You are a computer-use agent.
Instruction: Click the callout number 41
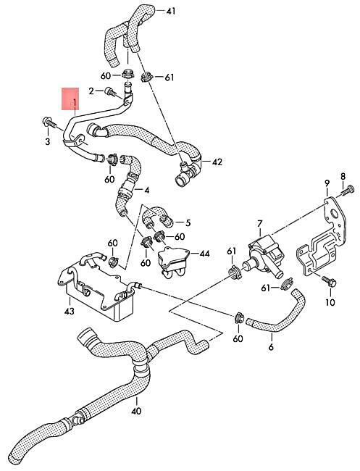pos(170,12)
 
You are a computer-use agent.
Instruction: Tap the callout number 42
pos(217,162)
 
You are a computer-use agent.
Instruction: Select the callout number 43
pos(69,311)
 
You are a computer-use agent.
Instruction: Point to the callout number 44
pos(204,254)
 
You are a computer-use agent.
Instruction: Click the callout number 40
pos(136,411)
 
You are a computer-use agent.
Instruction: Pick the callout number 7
pos(260,224)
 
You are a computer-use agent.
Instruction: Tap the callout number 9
pos(327,183)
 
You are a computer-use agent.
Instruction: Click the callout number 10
pos(330,302)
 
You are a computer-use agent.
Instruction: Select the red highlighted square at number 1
pos(70,99)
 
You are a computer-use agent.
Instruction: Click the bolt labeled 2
pos(110,92)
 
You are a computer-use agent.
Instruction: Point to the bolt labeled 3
pos(49,122)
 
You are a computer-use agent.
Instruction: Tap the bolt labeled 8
pos(348,191)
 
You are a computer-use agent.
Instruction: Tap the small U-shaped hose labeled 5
pos(156,216)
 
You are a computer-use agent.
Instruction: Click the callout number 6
pos(271,347)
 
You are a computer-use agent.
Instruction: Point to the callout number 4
pos(146,191)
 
